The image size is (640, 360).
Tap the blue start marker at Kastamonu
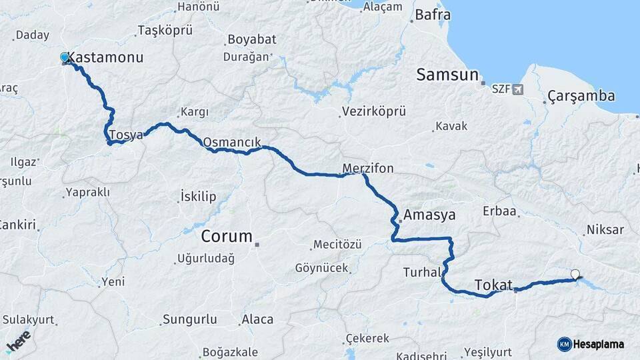(x=65, y=58)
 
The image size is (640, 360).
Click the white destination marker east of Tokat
(x=575, y=273)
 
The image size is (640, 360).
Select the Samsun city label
(x=448, y=75)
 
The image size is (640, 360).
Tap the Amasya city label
(x=429, y=215)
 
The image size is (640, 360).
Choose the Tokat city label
(x=493, y=285)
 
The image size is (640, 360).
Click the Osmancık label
(x=231, y=142)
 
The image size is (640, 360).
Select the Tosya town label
(x=126, y=135)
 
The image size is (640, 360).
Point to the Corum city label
(x=227, y=237)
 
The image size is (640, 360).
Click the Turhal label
(x=422, y=272)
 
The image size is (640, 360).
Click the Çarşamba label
(x=581, y=97)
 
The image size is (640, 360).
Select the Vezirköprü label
(x=373, y=111)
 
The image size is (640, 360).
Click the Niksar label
(x=605, y=230)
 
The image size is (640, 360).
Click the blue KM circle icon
(x=564, y=344)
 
